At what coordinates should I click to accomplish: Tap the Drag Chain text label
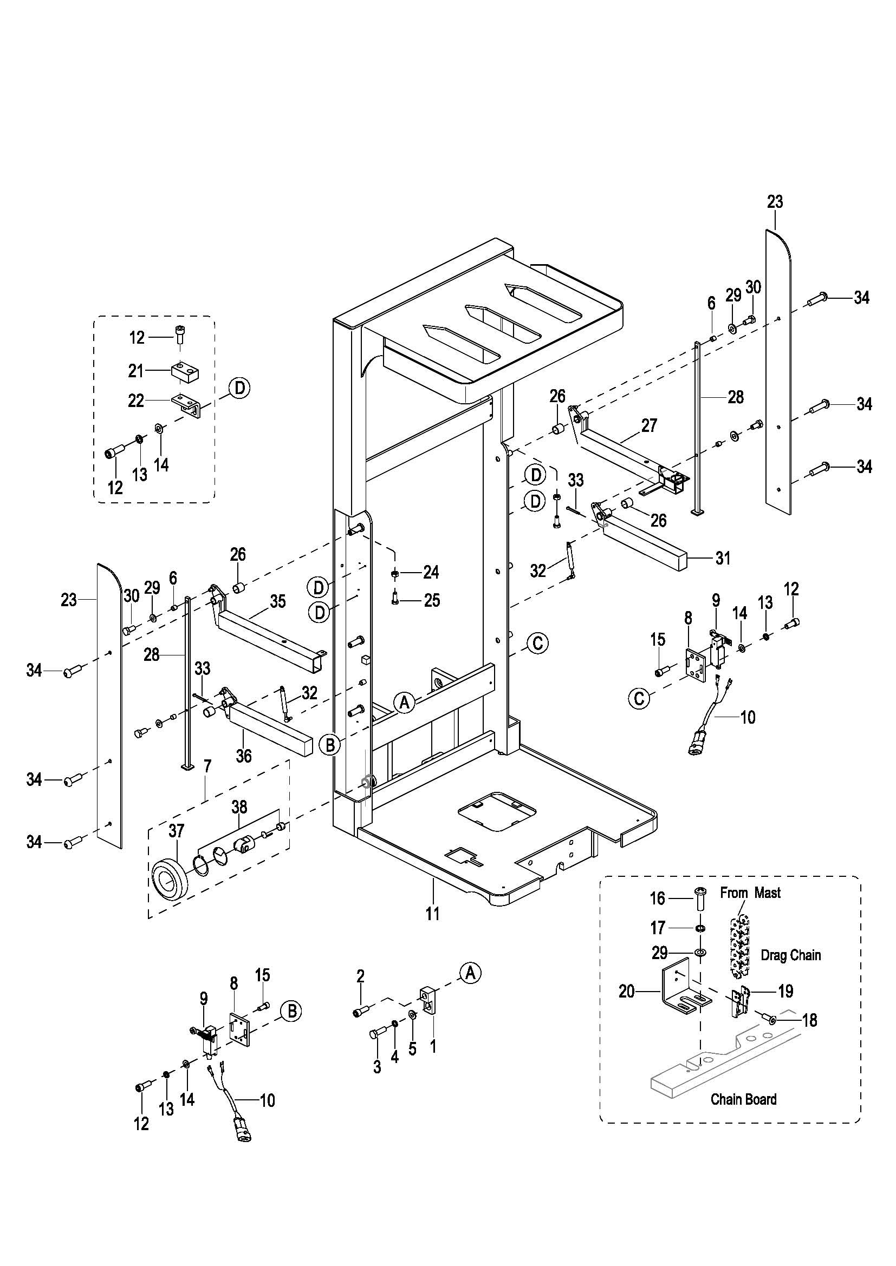click(x=790, y=955)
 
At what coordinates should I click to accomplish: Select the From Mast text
click(x=750, y=893)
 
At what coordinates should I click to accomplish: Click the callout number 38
click(x=239, y=806)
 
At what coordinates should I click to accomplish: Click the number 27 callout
click(x=650, y=425)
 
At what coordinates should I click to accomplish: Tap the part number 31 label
click(x=723, y=558)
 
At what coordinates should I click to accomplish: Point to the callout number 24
click(x=431, y=572)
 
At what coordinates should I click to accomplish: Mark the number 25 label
click(x=432, y=600)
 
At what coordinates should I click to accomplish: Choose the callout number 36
click(x=243, y=755)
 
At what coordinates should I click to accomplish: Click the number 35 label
click(x=277, y=601)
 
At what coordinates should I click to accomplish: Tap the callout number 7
click(x=207, y=765)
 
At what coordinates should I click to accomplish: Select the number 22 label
click(x=137, y=401)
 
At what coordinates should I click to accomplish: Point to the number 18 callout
click(x=809, y=1020)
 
